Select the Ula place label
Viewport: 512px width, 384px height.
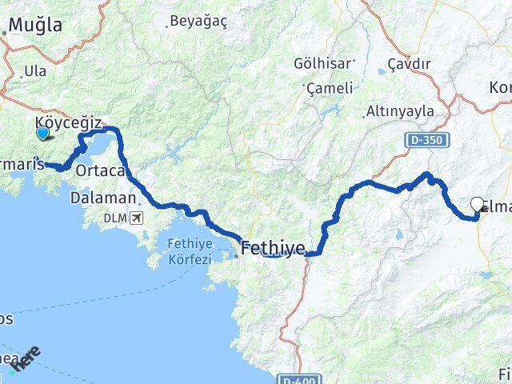click(35, 71)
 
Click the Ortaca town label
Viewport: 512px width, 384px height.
click(100, 170)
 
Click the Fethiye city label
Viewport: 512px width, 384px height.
click(273, 250)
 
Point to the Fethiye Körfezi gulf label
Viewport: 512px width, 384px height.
click(190, 251)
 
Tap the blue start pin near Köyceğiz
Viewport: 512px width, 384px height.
click(42, 133)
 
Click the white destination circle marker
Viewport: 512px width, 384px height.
click(478, 205)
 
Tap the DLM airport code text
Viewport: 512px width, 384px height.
click(114, 218)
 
